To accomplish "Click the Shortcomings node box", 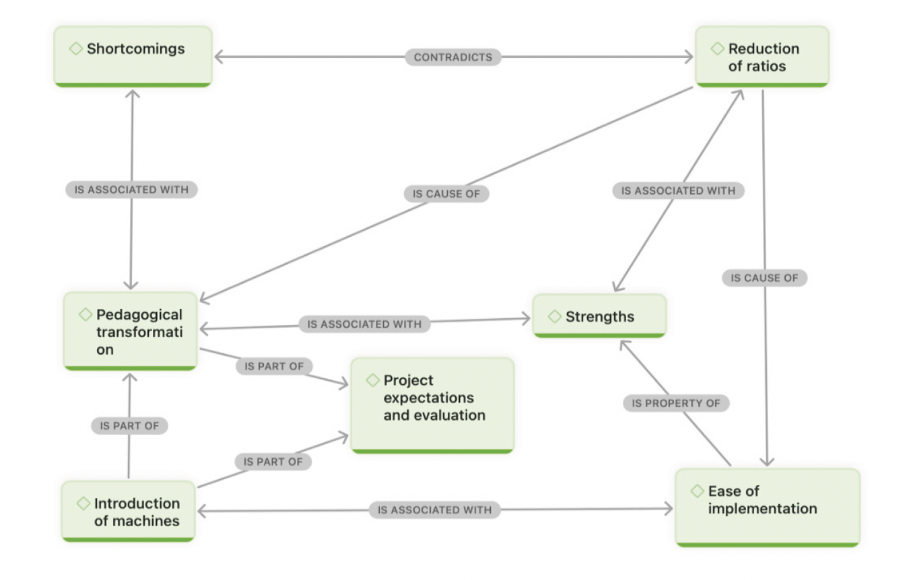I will pyautogui.click(x=133, y=57).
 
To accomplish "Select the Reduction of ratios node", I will pyautogui.click(x=762, y=57).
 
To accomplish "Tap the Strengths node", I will pyautogui.click(x=599, y=316).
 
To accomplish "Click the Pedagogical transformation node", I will pyautogui.click(x=131, y=332).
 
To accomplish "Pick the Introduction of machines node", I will pyautogui.click(x=128, y=512).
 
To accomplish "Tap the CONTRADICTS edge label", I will pyautogui.click(x=452, y=57).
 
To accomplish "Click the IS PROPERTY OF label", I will pyautogui.click(x=675, y=403).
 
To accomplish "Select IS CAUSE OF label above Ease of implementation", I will pyautogui.click(x=764, y=278).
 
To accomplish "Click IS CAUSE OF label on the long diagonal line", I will pyautogui.click(x=446, y=194).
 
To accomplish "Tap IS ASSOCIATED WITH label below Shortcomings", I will pyautogui.click(x=131, y=190).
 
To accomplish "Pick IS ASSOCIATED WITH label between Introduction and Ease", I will pyautogui.click(x=434, y=510).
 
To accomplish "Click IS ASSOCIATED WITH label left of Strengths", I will pyautogui.click(x=364, y=324).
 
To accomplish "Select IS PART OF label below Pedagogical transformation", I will pyautogui.click(x=129, y=426).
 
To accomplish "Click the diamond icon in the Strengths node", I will pyautogui.click(x=555, y=316).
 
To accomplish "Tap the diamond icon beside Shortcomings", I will pyautogui.click(x=76, y=48).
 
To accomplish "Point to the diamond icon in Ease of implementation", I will pyautogui.click(x=698, y=491).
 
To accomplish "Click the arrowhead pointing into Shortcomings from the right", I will pyautogui.click(x=218, y=57).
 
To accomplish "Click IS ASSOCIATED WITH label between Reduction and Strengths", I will pyautogui.click(x=678, y=190).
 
